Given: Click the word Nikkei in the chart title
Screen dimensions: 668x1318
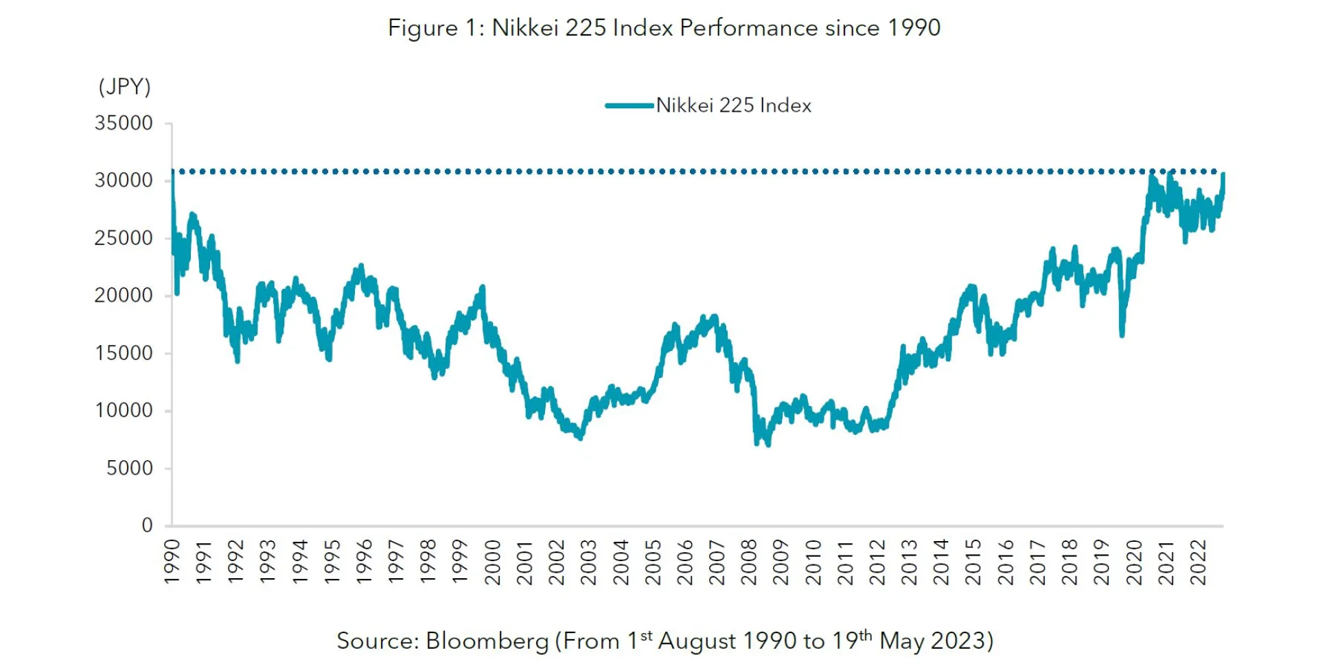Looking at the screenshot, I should point(525,28).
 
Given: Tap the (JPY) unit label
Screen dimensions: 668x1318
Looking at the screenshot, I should point(124,87).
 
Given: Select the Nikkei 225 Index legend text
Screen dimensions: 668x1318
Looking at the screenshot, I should point(733,106).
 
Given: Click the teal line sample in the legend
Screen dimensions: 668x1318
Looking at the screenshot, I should point(629,106).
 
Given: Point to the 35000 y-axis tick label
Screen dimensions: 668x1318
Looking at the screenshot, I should point(124,123).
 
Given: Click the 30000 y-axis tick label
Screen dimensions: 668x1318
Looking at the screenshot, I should point(124,180).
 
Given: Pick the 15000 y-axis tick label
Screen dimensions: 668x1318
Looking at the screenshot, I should point(124,353).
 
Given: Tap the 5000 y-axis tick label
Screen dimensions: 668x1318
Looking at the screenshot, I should point(129,468).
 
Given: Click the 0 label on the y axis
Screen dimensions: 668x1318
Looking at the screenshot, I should point(147,525).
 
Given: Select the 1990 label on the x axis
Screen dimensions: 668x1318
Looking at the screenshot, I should point(172,562).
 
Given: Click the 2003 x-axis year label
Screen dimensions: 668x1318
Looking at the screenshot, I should point(589,562).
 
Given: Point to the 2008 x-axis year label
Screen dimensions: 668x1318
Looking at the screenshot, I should point(749,562).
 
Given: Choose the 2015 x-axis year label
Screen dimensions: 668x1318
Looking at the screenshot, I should point(973,562).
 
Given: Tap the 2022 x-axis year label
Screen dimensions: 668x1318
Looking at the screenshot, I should point(1198,562).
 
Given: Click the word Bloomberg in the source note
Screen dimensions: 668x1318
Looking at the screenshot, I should point(487,641).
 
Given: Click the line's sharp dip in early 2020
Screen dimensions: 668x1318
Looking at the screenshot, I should point(1122,335).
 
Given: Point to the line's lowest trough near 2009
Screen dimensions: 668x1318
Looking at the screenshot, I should point(767,444).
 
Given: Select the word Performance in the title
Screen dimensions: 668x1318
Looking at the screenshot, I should point(749,28).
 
